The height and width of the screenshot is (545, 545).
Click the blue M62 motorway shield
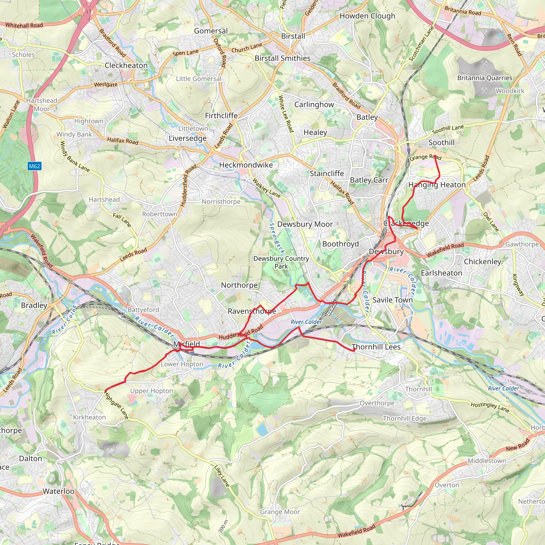click(34, 166)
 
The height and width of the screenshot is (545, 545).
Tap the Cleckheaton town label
click(126, 65)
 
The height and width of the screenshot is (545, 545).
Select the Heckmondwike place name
click(246, 165)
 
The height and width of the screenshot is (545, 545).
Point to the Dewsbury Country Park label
click(281, 262)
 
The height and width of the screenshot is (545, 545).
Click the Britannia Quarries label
click(485, 78)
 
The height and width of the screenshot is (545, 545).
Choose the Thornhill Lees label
click(376, 347)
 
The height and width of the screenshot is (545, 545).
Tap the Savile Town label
click(393, 300)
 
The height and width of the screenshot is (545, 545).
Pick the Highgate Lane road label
click(116, 405)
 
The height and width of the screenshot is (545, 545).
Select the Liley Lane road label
click(222, 476)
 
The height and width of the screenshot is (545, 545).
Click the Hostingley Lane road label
click(490, 407)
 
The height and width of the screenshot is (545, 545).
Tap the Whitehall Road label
click(24, 25)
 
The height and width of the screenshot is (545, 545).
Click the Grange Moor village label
click(280, 511)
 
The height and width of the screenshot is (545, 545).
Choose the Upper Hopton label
click(151, 391)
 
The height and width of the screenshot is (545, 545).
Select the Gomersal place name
click(211, 31)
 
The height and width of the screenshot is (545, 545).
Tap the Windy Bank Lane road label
click(75, 157)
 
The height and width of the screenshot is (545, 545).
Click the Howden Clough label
click(367, 16)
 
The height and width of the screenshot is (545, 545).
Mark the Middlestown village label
click(487, 461)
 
